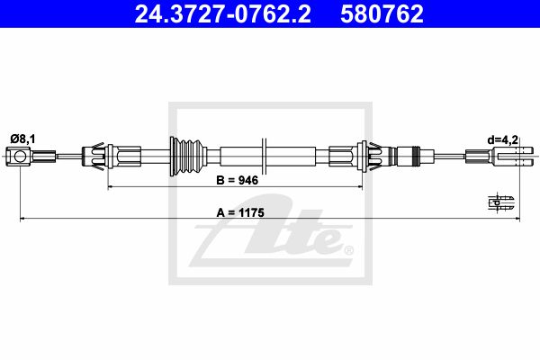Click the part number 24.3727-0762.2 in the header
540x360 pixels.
[222, 13]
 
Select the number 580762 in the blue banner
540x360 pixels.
[382, 13]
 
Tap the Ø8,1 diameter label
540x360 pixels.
[22, 139]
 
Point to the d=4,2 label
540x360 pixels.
[503, 139]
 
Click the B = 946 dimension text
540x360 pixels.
[237, 180]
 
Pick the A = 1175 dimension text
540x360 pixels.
[240, 212]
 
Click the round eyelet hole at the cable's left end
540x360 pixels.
[20, 157]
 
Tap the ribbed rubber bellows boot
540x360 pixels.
[188, 157]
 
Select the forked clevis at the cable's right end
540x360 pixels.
[514, 156]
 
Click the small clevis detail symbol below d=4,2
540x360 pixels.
[501, 202]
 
